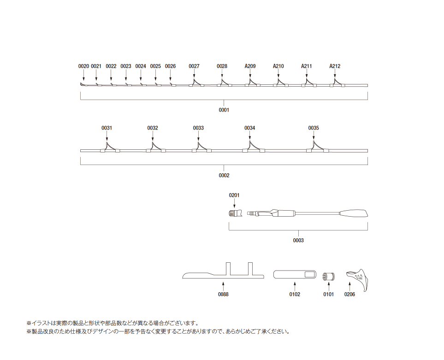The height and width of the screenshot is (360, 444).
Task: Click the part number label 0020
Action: point(83,66)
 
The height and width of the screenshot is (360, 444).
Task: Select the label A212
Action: point(335,66)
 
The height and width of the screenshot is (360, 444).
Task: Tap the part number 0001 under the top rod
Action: point(224,110)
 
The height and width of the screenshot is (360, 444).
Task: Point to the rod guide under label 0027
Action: point(196,83)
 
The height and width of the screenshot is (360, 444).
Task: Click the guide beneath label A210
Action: point(281,83)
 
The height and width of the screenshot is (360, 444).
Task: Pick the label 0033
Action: point(198,128)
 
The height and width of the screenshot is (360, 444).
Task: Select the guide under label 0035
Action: point(317,147)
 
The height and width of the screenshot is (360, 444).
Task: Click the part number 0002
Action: point(224,176)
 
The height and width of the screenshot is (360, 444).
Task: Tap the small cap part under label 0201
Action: point(235,213)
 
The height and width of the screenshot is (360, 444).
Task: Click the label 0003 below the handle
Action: point(298,240)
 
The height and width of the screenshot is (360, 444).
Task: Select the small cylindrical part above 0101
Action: point(328,277)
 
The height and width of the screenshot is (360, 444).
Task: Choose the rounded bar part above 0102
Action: point(295,274)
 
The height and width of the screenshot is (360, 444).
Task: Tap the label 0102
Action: point(295,295)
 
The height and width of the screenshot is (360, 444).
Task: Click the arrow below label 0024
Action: point(141,76)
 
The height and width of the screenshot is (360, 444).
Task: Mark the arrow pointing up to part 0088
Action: point(223,286)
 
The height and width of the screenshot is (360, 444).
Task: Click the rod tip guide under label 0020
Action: point(83,84)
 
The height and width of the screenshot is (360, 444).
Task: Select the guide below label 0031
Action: point(110,147)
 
